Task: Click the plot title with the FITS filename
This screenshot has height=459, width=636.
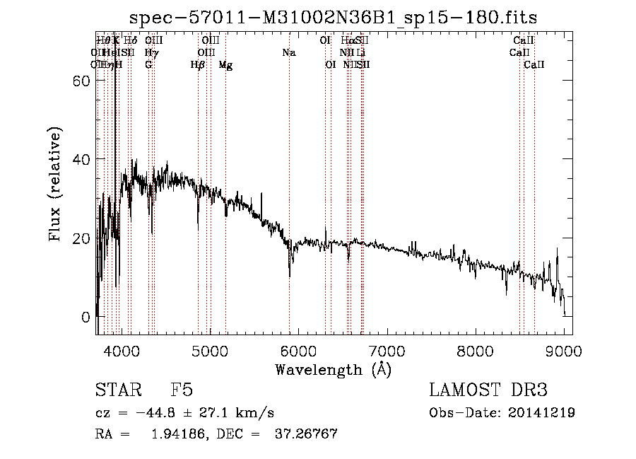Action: [334, 18]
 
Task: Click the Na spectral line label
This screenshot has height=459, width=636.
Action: [288, 53]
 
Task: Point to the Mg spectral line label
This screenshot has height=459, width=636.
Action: [225, 65]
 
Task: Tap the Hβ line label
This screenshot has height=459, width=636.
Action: [198, 65]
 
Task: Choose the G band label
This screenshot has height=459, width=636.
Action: [148, 65]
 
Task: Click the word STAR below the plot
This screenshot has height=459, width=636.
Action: [117, 390]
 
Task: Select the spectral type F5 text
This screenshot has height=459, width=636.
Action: [182, 390]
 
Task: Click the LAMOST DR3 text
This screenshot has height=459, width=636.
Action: [488, 390]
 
